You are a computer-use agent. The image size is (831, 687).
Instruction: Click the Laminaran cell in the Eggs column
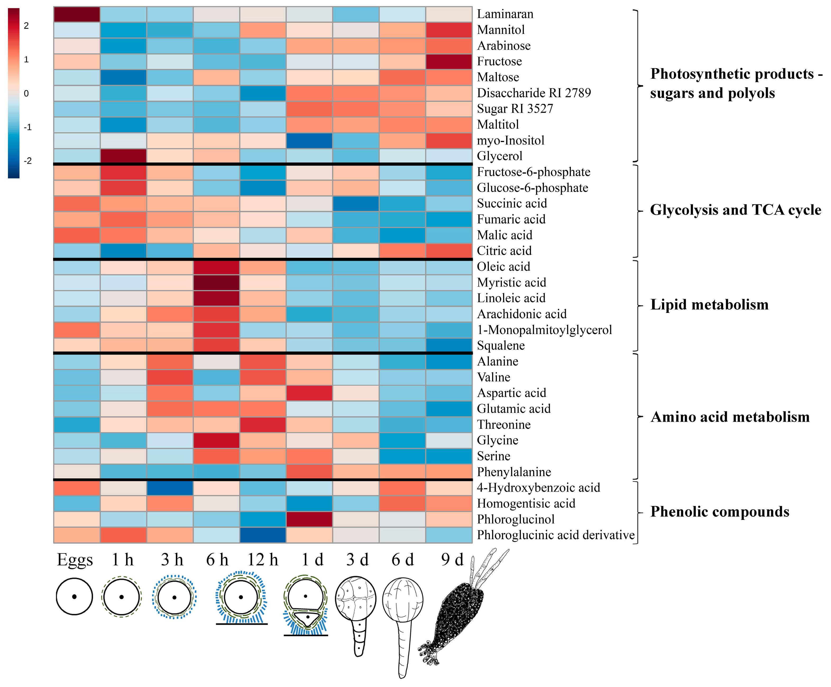[77, 14]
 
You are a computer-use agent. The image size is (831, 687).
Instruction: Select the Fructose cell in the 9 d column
[449, 61]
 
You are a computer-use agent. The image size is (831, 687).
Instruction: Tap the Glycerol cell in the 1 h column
[123, 156]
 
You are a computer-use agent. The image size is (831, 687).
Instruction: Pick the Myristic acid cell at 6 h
[216, 282]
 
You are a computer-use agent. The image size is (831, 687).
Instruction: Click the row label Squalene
[501, 345]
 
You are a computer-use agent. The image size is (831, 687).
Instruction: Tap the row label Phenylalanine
[514, 472]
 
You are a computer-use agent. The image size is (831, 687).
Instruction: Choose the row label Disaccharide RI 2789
[534, 93]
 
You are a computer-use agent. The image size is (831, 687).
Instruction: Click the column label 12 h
[263, 560]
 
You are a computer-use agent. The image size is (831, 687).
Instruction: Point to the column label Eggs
[75, 560]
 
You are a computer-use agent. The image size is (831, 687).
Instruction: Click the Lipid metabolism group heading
[709, 305]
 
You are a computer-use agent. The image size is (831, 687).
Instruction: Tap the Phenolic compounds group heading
[719, 511]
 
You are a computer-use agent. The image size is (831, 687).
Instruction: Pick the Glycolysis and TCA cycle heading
[735, 210]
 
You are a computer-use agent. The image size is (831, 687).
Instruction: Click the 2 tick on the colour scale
[26, 26]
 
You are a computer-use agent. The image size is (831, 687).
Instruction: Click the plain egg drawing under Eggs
[74, 596]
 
